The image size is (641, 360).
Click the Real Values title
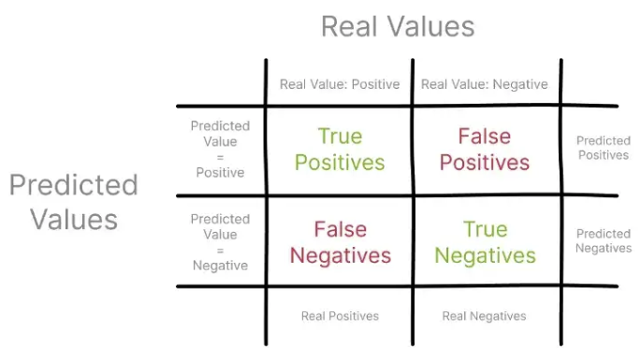point(398,25)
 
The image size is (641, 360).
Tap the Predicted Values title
point(73,201)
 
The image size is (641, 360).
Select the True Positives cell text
point(340,150)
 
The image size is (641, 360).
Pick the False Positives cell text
point(484,150)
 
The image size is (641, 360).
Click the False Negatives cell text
point(340,242)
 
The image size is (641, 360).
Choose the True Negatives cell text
point(484,242)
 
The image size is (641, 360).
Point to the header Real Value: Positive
point(340,84)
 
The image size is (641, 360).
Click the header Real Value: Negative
point(484,84)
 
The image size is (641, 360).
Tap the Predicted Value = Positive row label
point(220,149)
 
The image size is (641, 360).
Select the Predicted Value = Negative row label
point(220,242)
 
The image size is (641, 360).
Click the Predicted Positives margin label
point(603,148)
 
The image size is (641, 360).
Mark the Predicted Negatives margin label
point(603,240)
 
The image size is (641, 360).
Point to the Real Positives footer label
point(340,316)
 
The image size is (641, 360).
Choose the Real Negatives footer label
point(484,316)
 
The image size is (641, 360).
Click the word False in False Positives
point(484,137)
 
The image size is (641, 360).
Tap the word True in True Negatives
point(484,229)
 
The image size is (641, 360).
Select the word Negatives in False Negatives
point(340,255)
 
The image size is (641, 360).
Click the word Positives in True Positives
point(340,163)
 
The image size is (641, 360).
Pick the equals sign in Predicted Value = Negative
point(220,250)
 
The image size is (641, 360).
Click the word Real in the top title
point(349,25)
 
